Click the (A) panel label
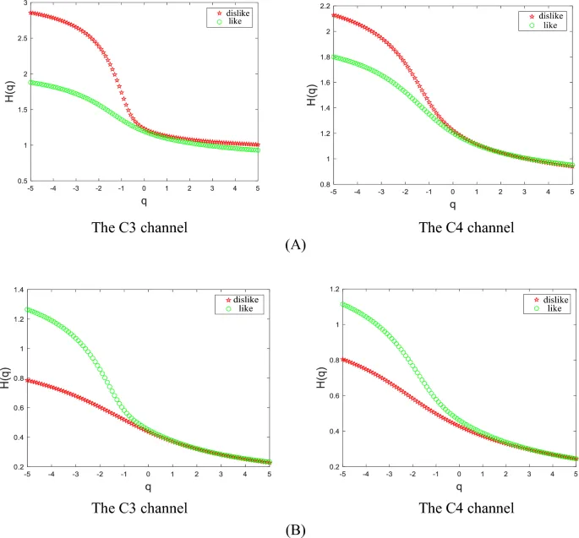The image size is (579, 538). (288, 246)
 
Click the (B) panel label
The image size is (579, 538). (288, 529)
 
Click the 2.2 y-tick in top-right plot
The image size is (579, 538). (318, 6)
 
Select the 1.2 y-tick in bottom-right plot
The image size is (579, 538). (319, 290)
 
